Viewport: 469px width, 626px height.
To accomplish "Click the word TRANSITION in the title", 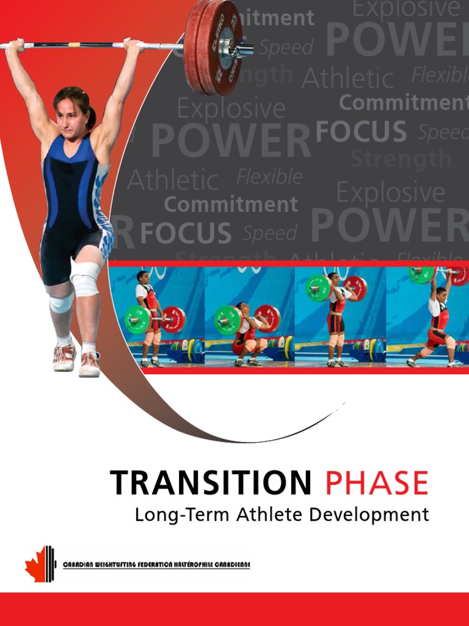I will click(211, 483).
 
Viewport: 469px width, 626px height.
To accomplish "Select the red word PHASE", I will click(376, 483).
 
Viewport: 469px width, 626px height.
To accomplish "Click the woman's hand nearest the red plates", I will click(132, 45).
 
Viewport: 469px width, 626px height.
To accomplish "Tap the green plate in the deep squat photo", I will click(227, 320).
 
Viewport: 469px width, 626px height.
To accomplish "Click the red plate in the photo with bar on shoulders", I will click(355, 287).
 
